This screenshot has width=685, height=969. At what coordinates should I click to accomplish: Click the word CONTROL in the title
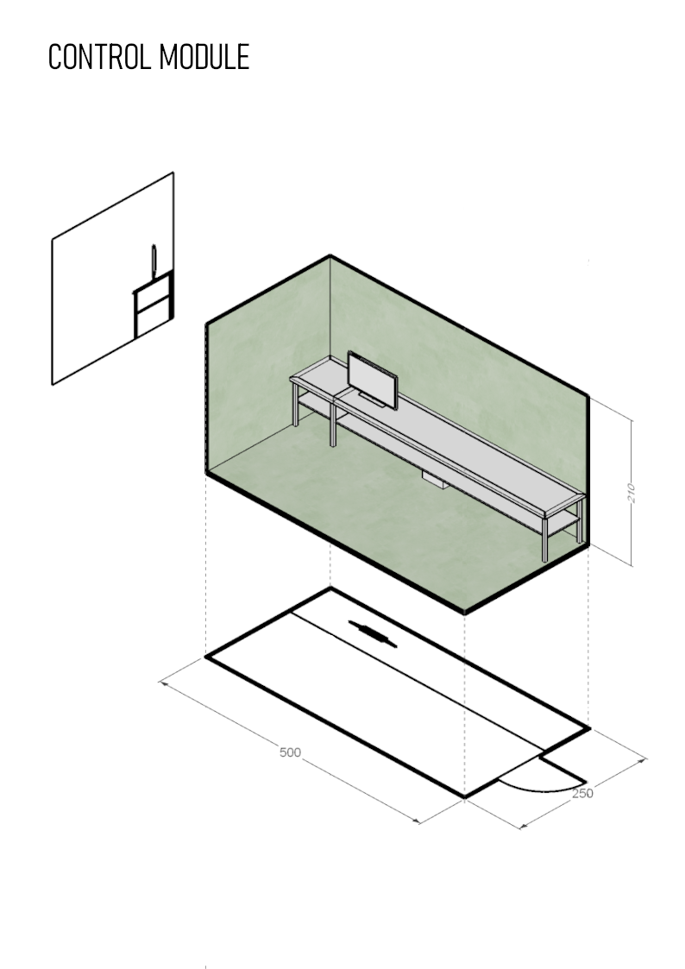pyautogui.click(x=99, y=57)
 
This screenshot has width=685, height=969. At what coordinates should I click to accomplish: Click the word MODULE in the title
pyautogui.click(x=204, y=57)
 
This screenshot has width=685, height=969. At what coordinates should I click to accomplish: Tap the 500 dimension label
pyautogui.click(x=291, y=752)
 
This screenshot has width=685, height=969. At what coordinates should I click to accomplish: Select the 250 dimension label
pyautogui.click(x=582, y=793)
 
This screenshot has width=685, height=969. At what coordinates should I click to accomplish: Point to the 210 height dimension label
pyautogui.click(x=631, y=493)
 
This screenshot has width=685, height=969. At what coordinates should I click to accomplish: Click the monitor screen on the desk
pyautogui.click(x=373, y=380)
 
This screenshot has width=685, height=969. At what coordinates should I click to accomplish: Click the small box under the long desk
pyautogui.click(x=436, y=481)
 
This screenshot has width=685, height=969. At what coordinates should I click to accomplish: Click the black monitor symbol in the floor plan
pyautogui.click(x=373, y=634)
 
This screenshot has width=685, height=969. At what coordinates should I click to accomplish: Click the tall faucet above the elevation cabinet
pyautogui.click(x=154, y=261)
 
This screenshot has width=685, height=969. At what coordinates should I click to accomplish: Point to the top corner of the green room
pyautogui.click(x=330, y=255)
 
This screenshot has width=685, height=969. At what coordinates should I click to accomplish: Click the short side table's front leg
pyautogui.click(x=333, y=424)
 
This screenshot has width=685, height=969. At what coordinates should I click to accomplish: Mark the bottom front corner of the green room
pyautogui.click(x=464, y=612)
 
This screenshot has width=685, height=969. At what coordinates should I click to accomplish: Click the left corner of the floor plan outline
pyautogui.click(x=205, y=657)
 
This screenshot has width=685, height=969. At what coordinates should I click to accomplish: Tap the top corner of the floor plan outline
pyautogui.click(x=331, y=588)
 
